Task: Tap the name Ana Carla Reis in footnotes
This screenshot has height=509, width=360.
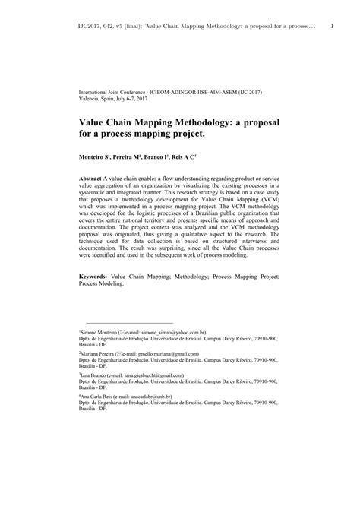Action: coord(100,397)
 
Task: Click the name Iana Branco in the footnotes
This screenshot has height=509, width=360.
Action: coord(96,375)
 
